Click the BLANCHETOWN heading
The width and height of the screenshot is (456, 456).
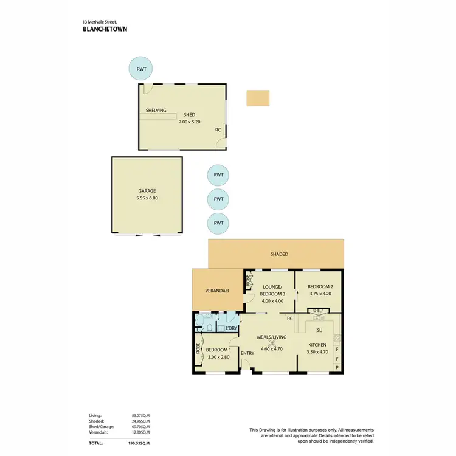coord(105,29)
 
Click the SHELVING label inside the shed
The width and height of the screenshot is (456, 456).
coord(156,111)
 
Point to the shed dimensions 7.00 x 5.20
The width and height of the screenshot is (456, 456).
coord(190,122)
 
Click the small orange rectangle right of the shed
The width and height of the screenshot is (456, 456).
coord(258,98)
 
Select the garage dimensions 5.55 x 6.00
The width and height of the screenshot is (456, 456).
coord(147,198)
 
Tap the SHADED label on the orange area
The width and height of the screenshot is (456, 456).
coord(279,254)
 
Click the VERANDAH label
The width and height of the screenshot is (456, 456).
coord(217,291)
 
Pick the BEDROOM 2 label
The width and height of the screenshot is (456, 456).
coord(319,286)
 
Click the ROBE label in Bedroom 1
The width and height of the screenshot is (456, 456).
coord(198,350)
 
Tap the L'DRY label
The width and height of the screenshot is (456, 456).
coord(231,328)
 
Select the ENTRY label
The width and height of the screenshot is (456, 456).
coord(247,353)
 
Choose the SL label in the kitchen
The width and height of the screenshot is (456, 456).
coord(319,330)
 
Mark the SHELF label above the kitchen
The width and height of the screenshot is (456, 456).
coord(318,310)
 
